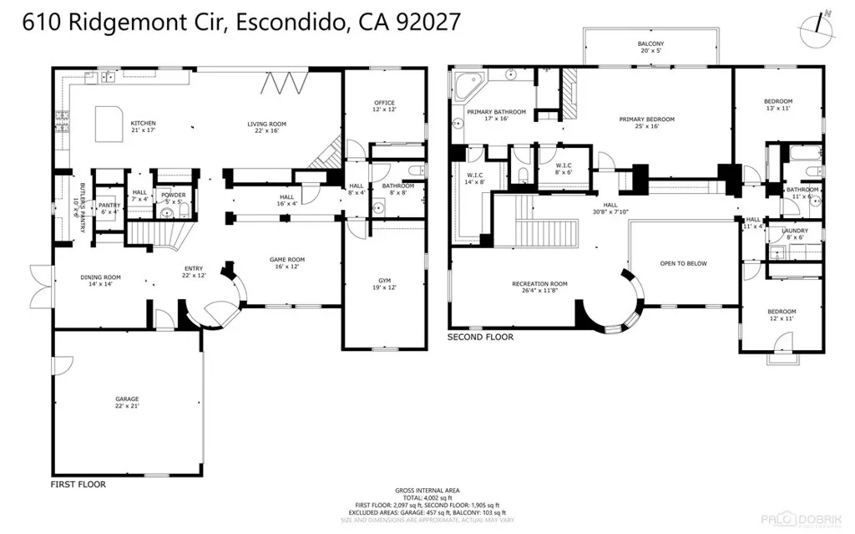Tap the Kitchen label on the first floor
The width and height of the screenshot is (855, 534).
pos(143,127)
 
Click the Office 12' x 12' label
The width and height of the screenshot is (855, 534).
pos(383,106)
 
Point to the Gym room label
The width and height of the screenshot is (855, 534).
pos(383,283)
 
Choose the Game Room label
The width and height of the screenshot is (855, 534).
pos(286,263)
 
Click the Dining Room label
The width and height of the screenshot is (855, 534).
pos(100,281)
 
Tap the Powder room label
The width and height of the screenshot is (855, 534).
pos(173,198)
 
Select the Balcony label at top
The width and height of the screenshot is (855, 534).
pos(650,47)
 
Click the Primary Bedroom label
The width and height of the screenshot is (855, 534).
pos(646,123)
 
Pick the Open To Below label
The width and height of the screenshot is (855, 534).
pos(683,263)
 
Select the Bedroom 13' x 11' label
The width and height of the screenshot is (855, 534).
pos(777,105)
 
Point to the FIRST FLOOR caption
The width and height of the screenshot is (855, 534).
pos(78,484)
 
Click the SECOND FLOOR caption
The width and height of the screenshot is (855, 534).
pos(481,338)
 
